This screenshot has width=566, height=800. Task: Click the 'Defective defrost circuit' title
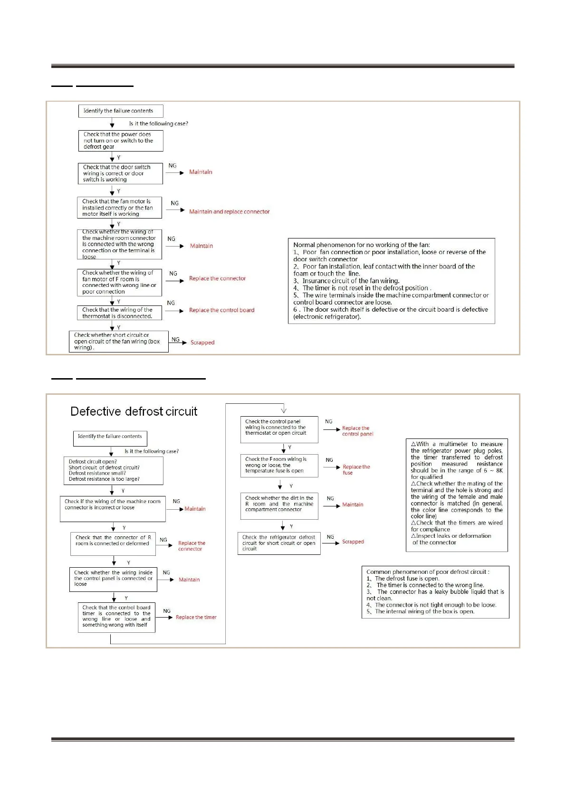point(134,411)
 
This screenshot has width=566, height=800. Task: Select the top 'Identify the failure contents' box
point(120,111)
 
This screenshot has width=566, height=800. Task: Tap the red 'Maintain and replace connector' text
point(229,212)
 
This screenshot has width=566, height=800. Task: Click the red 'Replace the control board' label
point(221,310)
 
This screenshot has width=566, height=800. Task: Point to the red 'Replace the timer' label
point(196,618)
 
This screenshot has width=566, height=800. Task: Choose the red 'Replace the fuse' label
point(356,470)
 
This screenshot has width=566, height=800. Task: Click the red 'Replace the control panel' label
point(357,431)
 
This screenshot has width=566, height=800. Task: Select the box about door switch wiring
point(120,173)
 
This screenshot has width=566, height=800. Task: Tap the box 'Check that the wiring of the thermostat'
point(119,313)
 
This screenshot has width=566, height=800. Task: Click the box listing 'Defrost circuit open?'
point(113,470)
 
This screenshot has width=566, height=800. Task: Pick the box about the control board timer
point(116,617)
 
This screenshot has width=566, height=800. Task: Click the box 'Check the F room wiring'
point(279,466)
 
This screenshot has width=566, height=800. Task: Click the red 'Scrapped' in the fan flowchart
point(202,343)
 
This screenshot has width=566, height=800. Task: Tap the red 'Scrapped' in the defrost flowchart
point(353,542)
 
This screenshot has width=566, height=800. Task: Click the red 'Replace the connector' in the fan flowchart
point(217,279)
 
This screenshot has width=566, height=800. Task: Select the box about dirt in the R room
point(279,505)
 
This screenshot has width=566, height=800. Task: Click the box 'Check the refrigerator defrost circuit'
point(279,543)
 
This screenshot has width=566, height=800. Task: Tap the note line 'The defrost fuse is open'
point(407,579)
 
